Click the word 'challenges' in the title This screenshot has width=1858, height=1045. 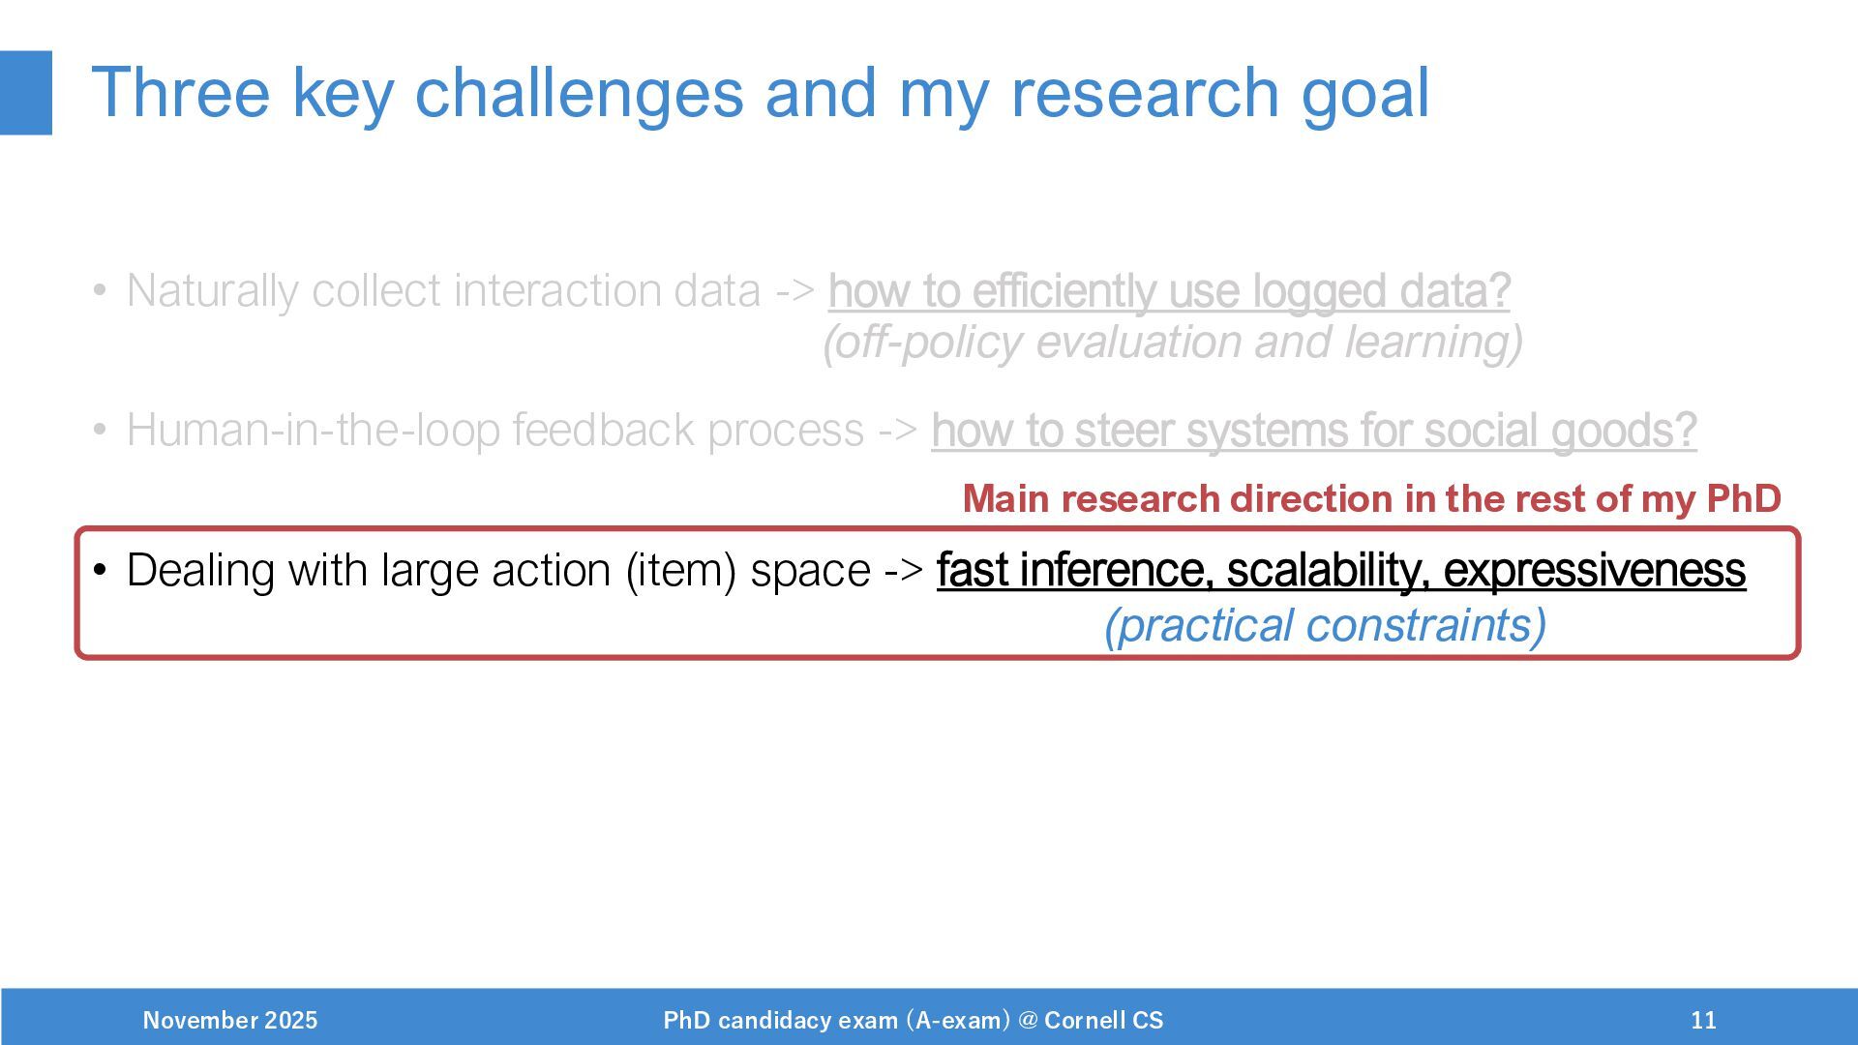(x=579, y=95)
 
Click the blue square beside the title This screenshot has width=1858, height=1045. (x=26, y=93)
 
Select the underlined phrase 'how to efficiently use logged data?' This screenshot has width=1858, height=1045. (x=1169, y=290)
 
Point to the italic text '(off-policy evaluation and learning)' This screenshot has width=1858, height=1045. (x=1173, y=343)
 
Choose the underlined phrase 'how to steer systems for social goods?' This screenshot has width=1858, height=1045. (x=1314, y=431)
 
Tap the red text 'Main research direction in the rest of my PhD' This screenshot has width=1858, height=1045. (x=1372, y=499)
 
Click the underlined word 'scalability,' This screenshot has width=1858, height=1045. (x=1329, y=570)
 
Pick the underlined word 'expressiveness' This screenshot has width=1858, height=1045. (x=1595, y=570)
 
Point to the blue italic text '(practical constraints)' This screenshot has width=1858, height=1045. (x=1326, y=625)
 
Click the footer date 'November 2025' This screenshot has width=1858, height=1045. (x=230, y=1020)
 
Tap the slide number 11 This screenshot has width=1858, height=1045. (x=1704, y=1020)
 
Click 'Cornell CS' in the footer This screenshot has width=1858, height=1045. (x=1104, y=1020)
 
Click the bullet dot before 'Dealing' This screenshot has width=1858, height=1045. (x=100, y=570)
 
